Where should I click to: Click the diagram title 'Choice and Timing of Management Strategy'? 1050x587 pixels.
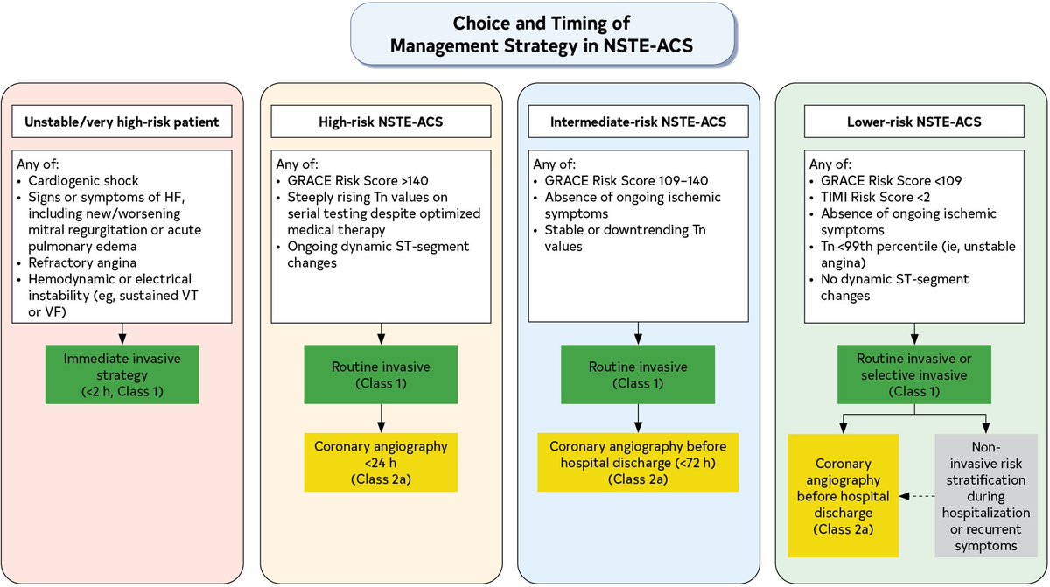point(542,34)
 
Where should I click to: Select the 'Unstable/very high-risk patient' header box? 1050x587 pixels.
point(122,122)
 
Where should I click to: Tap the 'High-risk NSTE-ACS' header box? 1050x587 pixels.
point(381,122)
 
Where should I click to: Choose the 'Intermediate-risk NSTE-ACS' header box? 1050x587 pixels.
point(638,122)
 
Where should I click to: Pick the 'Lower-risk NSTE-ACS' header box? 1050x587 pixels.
point(914,122)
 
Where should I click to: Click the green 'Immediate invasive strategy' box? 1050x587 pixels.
point(122,374)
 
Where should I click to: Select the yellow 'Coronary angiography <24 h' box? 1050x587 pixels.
point(381,463)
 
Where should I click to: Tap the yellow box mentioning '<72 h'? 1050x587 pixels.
point(638,463)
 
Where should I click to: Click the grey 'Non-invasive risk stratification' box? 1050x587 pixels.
point(986,496)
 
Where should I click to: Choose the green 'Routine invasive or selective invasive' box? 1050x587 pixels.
point(914,374)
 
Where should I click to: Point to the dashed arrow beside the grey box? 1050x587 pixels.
point(917,496)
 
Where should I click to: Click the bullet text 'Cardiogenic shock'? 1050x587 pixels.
point(83,181)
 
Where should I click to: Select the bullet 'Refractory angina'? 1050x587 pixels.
point(82,262)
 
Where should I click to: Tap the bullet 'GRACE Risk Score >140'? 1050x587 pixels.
point(358,181)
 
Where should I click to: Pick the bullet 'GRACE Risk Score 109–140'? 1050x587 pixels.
point(626,181)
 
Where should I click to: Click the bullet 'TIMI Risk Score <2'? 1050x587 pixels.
point(875,197)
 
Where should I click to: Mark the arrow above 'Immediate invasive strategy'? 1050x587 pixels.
point(122,334)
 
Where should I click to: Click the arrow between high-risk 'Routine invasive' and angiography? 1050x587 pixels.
point(381,418)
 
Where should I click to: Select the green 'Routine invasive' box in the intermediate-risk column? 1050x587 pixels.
point(638,374)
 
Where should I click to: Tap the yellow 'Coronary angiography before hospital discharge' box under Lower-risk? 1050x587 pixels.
point(843,496)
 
